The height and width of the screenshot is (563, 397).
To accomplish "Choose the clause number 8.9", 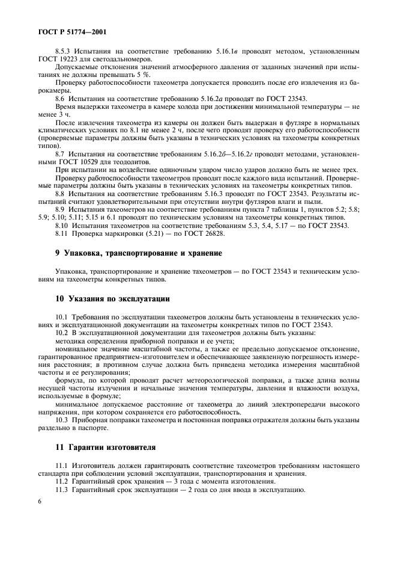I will (x=59, y=209).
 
